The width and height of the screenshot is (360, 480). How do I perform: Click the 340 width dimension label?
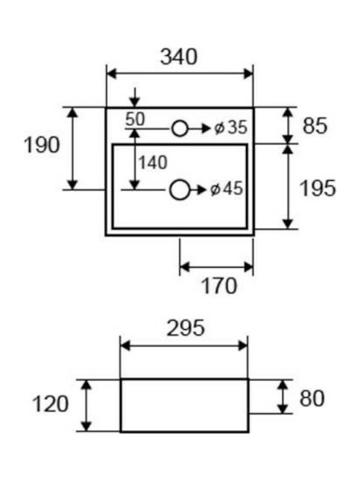tap(179, 57)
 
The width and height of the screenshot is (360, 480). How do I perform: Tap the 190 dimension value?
tap(42, 145)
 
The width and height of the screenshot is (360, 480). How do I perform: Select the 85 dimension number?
tap(315, 126)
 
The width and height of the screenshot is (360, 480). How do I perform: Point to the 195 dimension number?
tap(318, 188)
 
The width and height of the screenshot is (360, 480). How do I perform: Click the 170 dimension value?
tap(219, 286)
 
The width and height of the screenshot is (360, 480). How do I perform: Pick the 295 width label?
tap(185, 328)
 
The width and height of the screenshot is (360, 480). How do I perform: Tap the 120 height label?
tap(50, 404)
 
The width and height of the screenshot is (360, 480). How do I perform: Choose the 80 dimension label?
tap(312, 399)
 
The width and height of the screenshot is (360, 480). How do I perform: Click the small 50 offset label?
tap(135, 119)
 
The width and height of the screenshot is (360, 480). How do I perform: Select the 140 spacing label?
tap(153, 163)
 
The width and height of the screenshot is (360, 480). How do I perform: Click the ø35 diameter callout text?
tap(231, 127)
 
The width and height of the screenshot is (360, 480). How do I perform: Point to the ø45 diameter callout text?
tap(227, 189)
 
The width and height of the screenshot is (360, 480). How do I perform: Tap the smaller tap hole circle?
tap(179, 129)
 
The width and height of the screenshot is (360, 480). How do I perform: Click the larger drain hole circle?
tap(179, 190)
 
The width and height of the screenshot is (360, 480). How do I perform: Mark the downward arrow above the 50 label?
tap(135, 97)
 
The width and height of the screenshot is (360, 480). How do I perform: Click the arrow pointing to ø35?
tap(199, 129)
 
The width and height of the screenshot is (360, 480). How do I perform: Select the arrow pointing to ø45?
tap(199, 190)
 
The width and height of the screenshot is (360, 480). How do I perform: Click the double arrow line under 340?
tap(180, 74)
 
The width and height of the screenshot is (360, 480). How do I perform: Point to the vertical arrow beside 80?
tap(283, 397)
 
